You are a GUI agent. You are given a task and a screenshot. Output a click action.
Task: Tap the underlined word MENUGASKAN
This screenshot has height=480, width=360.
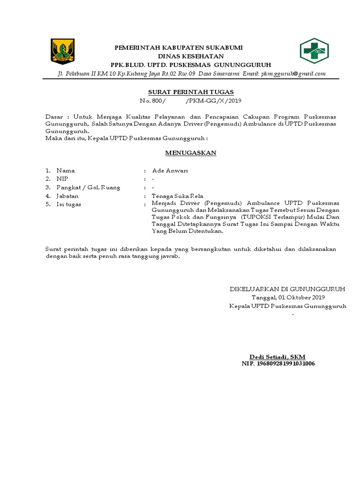[x=190, y=153]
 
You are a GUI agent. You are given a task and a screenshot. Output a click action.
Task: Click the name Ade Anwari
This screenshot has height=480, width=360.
[x=170, y=171]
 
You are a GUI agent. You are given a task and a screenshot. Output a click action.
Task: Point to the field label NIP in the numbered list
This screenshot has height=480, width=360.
[x=62, y=179]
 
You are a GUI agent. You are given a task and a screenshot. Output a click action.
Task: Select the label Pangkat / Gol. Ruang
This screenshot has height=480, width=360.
[x=88, y=187]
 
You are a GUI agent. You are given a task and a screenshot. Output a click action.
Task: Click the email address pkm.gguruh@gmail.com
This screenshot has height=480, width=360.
[x=293, y=74]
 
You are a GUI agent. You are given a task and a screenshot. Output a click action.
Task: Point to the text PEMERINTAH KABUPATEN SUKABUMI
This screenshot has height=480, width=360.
[x=180, y=48]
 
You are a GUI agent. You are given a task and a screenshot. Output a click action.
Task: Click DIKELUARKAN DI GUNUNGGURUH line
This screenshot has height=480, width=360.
[x=287, y=289]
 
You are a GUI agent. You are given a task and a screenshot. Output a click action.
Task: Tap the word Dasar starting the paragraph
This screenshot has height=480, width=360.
[x=54, y=116]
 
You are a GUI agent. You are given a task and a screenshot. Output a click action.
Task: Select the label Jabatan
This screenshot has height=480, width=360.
[x=67, y=196]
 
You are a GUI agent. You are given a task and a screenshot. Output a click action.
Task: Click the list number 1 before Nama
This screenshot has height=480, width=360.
[x=47, y=171]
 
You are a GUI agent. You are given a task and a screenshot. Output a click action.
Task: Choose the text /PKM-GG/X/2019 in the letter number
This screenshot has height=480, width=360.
[x=214, y=101]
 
